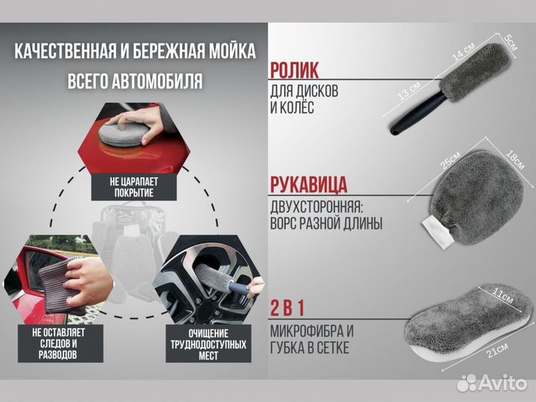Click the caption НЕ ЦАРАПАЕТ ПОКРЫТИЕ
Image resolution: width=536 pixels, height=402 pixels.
coord(135,187)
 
